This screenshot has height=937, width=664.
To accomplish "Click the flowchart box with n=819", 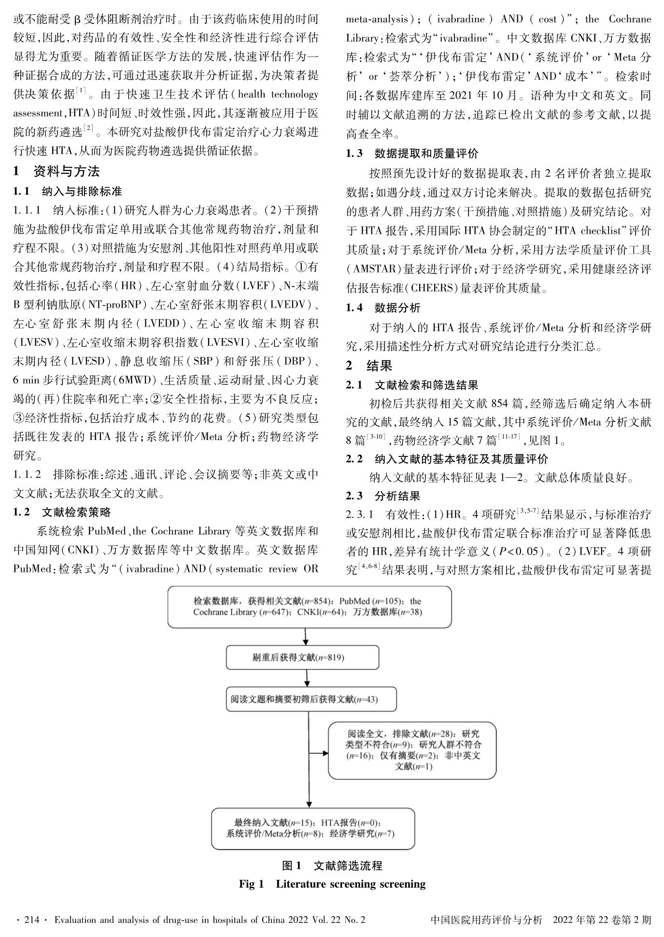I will [302, 657].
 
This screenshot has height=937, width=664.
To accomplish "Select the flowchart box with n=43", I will [311, 699].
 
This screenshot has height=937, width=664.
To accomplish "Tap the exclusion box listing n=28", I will [412, 750].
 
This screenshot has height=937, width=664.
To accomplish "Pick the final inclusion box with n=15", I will [313, 828].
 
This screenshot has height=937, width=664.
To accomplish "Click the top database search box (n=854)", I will [310, 607].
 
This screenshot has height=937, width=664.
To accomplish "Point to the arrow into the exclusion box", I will [319, 752].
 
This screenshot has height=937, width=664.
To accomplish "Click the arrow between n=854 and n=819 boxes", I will [306, 636].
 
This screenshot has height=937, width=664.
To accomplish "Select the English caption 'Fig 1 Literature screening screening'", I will [332, 884].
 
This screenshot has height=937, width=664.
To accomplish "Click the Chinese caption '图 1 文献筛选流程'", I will [332, 865].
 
